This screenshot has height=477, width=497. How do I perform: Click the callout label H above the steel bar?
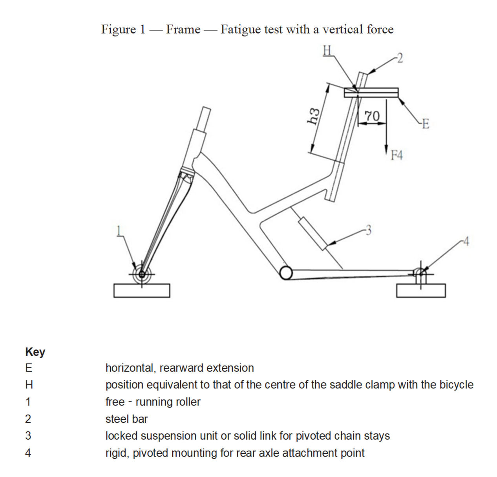327,51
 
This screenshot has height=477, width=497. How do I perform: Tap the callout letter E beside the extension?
426,124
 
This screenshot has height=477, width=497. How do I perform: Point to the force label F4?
397,156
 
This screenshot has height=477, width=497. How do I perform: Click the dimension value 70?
372,116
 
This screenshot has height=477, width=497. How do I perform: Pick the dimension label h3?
313,116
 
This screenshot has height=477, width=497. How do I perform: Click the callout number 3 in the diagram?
368,230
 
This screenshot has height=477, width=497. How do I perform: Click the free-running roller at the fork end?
142,274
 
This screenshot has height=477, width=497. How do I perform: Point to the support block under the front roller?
142,291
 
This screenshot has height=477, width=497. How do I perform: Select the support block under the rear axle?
421,291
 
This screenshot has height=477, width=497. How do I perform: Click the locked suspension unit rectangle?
313,233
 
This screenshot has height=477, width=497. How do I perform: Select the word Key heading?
35,352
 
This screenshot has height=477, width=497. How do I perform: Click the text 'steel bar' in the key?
126,419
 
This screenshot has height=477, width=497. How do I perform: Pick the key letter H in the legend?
29,385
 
